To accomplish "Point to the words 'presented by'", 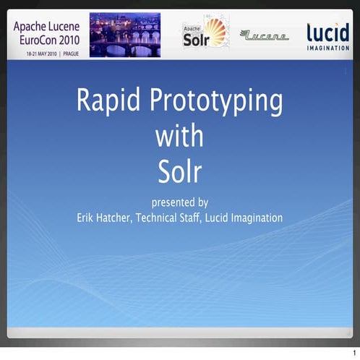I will click(x=179, y=202).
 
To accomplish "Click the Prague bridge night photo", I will click(x=125, y=35).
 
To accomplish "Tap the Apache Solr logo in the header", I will click(x=205, y=34).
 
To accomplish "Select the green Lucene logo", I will click(x=264, y=35).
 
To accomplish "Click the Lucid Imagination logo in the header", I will click(x=327, y=35).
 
